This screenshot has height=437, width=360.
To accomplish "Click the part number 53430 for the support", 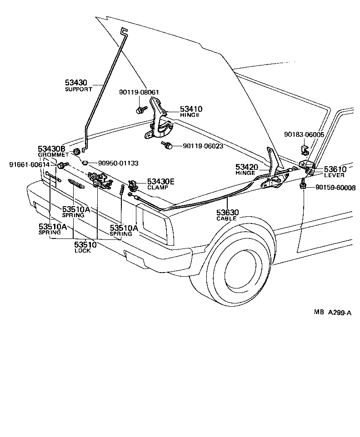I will pyautogui.click(x=75, y=83).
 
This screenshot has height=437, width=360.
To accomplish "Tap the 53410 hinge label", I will pyautogui.click(x=191, y=109).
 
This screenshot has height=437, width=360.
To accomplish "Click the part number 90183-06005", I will pyautogui.click(x=304, y=135).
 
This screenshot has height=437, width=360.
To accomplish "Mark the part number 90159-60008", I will pyautogui.click(x=336, y=188).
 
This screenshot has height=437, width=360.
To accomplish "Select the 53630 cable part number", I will pyautogui.click(x=227, y=212).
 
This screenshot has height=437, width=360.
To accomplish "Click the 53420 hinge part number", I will pyautogui.click(x=246, y=167).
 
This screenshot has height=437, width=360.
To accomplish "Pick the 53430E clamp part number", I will pyautogui.click(x=161, y=181).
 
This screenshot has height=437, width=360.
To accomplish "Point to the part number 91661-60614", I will pyautogui.click(x=30, y=164).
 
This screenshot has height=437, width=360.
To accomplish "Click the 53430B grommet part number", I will pyautogui.click(x=51, y=149).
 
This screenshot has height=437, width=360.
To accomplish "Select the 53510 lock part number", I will pyautogui.click(x=85, y=244).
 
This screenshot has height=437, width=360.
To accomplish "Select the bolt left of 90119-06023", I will pyautogui.click(x=167, y=146).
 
